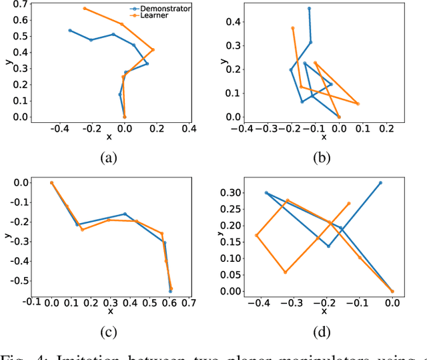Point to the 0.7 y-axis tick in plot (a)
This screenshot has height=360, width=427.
(9, 5)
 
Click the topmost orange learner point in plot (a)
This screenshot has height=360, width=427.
(85, 9)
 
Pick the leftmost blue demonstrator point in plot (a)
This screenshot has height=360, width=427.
(70, 30)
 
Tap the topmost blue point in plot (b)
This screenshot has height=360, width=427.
(309, 9)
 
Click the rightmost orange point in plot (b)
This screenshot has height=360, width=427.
(358, 104)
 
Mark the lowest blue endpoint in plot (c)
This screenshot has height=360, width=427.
(170, 291)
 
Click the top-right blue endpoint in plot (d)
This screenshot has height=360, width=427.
(381, 182)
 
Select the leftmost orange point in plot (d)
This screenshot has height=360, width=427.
(257, 235)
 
